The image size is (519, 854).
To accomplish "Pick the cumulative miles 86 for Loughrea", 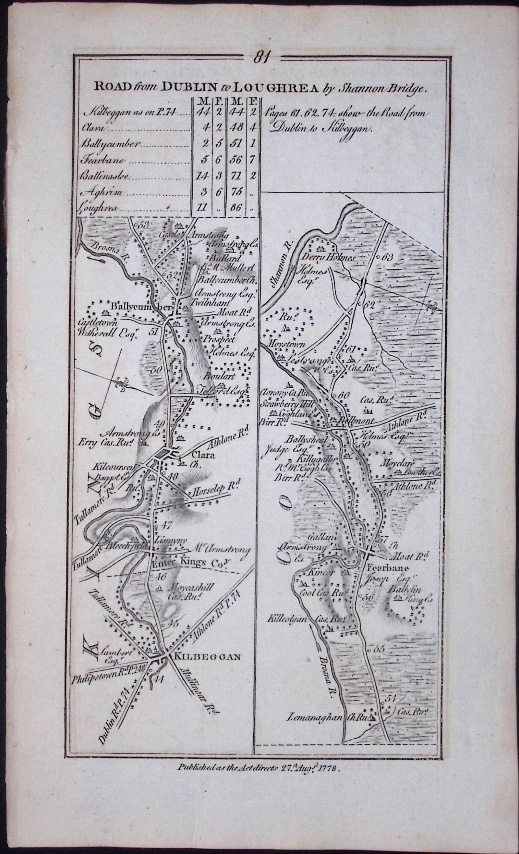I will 235,209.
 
